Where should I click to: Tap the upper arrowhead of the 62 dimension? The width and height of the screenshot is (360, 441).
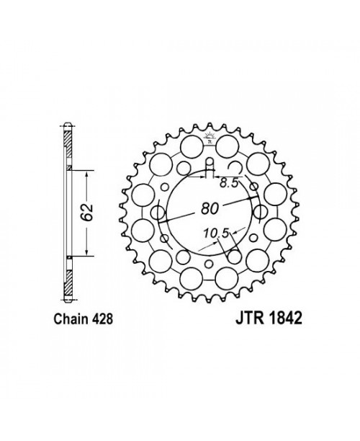click(87, 174)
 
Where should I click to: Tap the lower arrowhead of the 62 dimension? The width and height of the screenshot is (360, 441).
click(87, 253)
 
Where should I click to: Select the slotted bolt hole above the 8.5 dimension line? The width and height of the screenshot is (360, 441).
click(208, 171)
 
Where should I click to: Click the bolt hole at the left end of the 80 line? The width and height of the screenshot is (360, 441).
click(157, 213)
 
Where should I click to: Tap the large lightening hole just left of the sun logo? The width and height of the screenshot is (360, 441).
click(191, 149)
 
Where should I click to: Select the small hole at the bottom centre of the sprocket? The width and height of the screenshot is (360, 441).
click(209, 268)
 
